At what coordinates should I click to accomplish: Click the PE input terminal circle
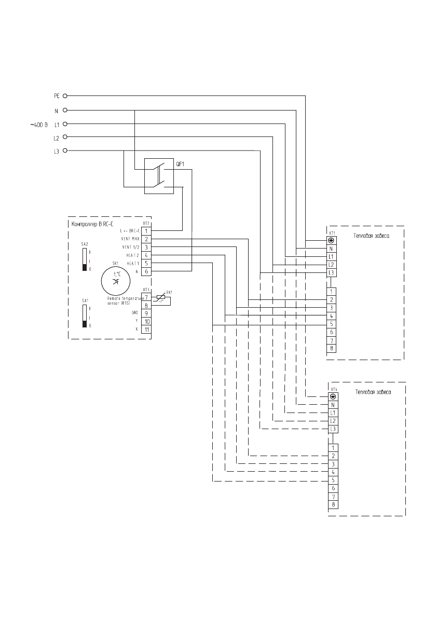coord(66,96)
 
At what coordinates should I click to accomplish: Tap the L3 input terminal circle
coord(66,150)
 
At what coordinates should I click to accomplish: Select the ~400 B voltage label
coord(38,125)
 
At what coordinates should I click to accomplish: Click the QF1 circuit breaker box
coord(159,176)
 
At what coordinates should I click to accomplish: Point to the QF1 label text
coord(181,164)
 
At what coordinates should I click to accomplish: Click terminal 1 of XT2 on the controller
coord(146,230)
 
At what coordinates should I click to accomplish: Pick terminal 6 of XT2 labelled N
coord(146,271)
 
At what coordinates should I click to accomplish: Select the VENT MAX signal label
coord(131,239)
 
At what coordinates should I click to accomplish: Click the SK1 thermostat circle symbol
coord(116,280)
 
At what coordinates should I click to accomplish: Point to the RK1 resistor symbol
coord(162,297)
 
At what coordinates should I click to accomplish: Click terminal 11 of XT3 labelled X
coord(146,329)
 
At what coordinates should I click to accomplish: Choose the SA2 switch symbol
coord(85,260)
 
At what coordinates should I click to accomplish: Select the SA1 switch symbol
coord(85,316)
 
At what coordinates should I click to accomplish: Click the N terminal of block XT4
coord(332,404)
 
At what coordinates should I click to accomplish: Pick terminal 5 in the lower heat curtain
coord(332,480)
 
